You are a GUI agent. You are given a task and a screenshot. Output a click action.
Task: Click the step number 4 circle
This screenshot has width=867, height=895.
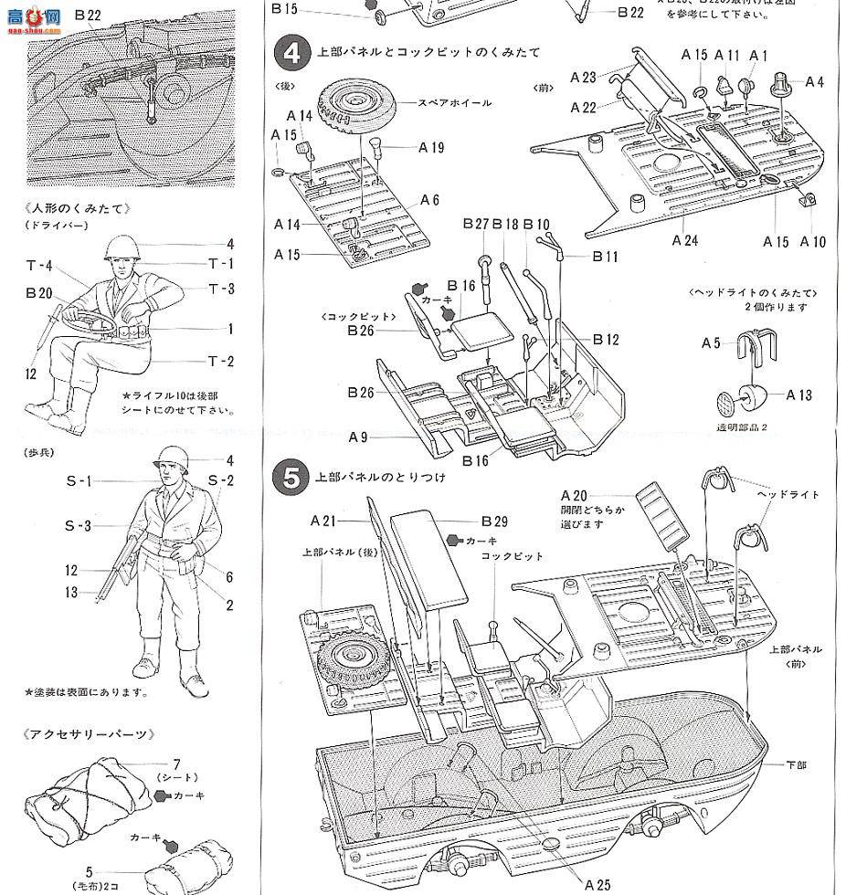click(291, 53)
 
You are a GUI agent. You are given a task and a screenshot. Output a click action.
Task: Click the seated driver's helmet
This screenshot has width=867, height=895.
click(120, 248)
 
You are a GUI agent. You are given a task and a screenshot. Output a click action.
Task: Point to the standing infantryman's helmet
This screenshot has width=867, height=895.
click(170, 458)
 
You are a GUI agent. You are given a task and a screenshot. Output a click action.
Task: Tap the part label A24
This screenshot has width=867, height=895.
click(684, 241)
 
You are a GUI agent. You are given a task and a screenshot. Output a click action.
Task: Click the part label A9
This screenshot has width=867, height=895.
click(357, 437)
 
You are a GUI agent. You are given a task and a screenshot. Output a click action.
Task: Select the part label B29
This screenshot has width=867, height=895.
click(493, 521)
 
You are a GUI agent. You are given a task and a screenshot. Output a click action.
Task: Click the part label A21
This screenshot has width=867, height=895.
click(323, 521)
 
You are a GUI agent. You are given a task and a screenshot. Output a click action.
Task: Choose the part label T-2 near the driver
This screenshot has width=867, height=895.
click(220, 362)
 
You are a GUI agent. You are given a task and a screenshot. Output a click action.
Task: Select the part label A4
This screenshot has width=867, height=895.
click(813, 82)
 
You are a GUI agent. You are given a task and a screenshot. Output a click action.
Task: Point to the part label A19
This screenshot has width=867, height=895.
click(431, 148)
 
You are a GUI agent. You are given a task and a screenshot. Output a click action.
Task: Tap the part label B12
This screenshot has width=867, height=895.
click(606, 340)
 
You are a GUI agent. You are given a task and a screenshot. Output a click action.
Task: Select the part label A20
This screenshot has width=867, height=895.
click(575, 496)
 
